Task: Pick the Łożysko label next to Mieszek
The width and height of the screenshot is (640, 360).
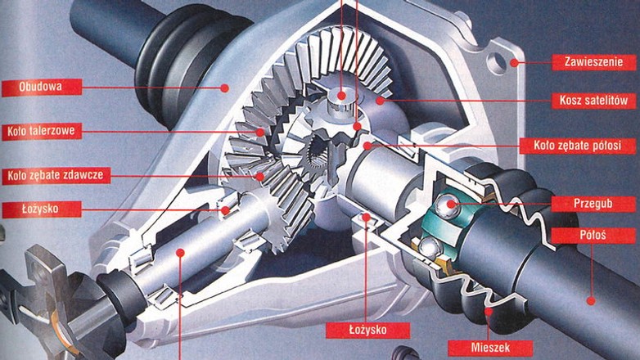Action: [x=356, y=330]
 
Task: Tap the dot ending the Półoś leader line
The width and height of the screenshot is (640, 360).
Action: [x=590, y=300]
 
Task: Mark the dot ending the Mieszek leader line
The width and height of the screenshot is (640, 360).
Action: [x=489, y=311]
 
